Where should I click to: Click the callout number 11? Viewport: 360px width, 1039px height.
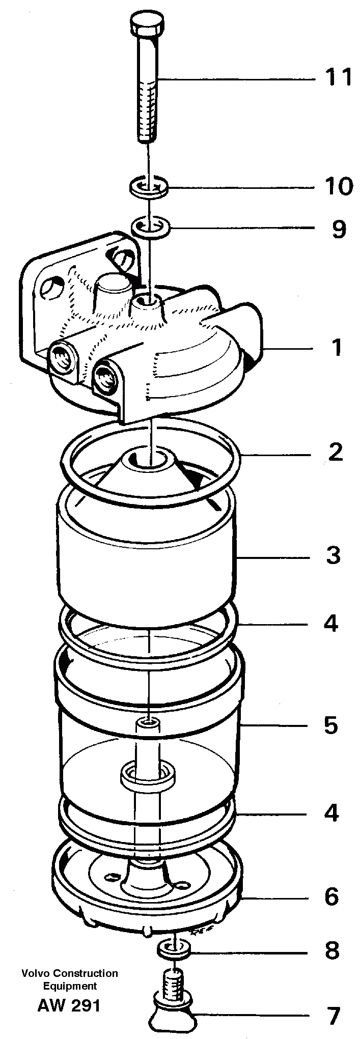coord(339,78)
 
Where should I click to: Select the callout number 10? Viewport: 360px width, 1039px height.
coord(339,187)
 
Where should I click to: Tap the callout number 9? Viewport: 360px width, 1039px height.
coord(339,229)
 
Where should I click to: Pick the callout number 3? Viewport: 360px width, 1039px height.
coord(333,555)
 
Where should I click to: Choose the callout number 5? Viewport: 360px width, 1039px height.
coord(331,725)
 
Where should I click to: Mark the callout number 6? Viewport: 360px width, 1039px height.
coord(331,897)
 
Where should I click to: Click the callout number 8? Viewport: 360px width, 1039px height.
coord(332,950)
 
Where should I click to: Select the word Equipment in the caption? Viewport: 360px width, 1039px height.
coord(69,986)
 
